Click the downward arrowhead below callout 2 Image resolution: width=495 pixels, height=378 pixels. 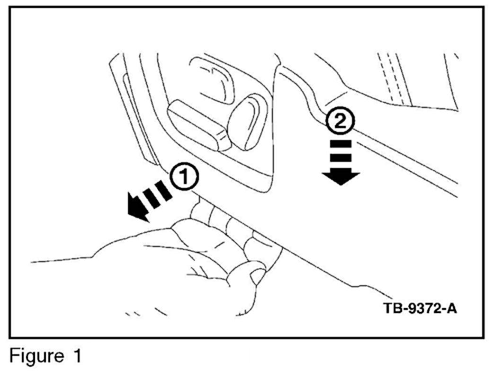point(341,179)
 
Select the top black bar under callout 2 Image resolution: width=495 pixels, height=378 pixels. point(341,143)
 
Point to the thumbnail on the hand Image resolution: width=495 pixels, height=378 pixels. point(258,275)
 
